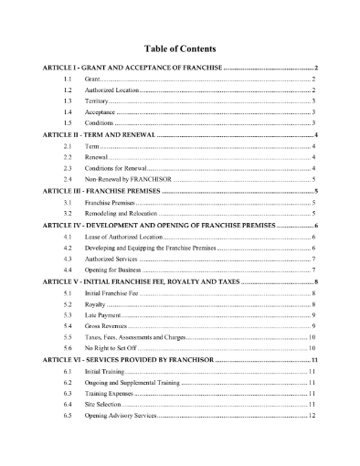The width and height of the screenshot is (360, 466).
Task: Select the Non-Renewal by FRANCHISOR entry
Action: tap(124, 182)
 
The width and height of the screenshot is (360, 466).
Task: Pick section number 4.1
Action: tap(67, 237)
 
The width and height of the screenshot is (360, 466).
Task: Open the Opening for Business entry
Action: tap(114, 270)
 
